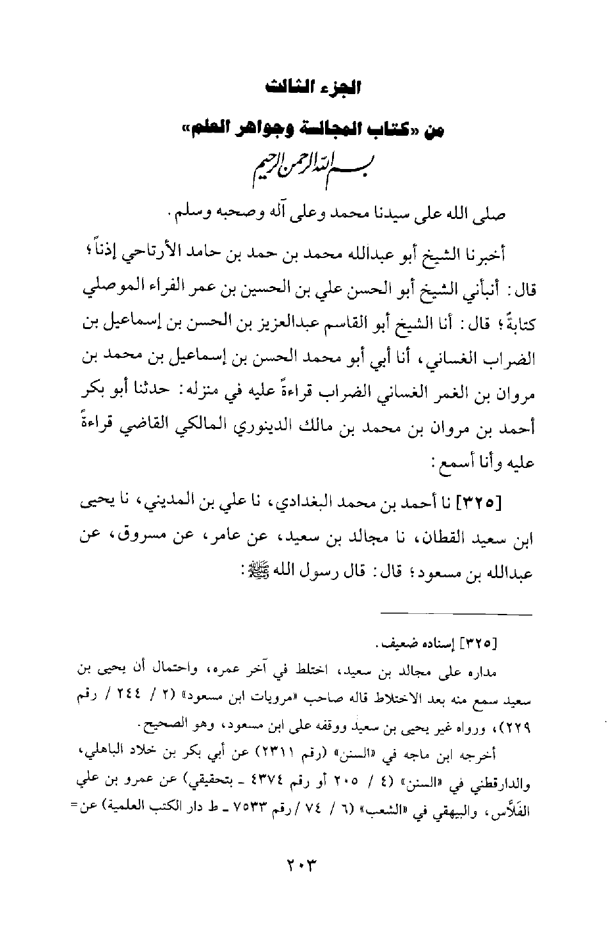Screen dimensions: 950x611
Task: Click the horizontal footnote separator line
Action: [457, 615]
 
